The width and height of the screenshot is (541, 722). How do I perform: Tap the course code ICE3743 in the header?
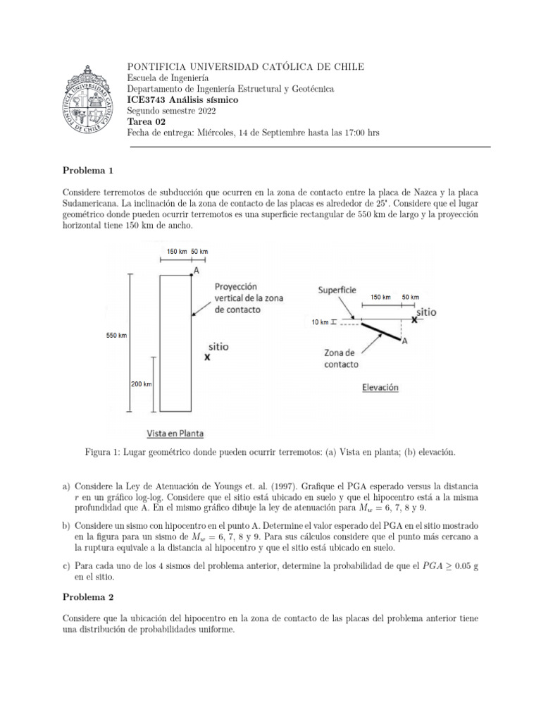click(148, 100)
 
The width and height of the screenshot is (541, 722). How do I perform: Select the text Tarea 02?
click(147, 121)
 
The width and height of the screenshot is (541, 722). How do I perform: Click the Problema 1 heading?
click(87, 171)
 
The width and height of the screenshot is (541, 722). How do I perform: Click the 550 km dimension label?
click(117, 336)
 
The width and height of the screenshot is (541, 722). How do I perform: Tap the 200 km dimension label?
click(140, 384)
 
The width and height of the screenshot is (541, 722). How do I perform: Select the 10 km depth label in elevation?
click(320, 322)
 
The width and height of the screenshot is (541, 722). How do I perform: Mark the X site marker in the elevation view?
click(415, 319)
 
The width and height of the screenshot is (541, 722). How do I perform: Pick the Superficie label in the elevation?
click(337, 290)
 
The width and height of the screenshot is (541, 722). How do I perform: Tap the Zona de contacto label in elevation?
click(341, 359)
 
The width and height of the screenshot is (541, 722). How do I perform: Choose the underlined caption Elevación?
click(380, 387)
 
